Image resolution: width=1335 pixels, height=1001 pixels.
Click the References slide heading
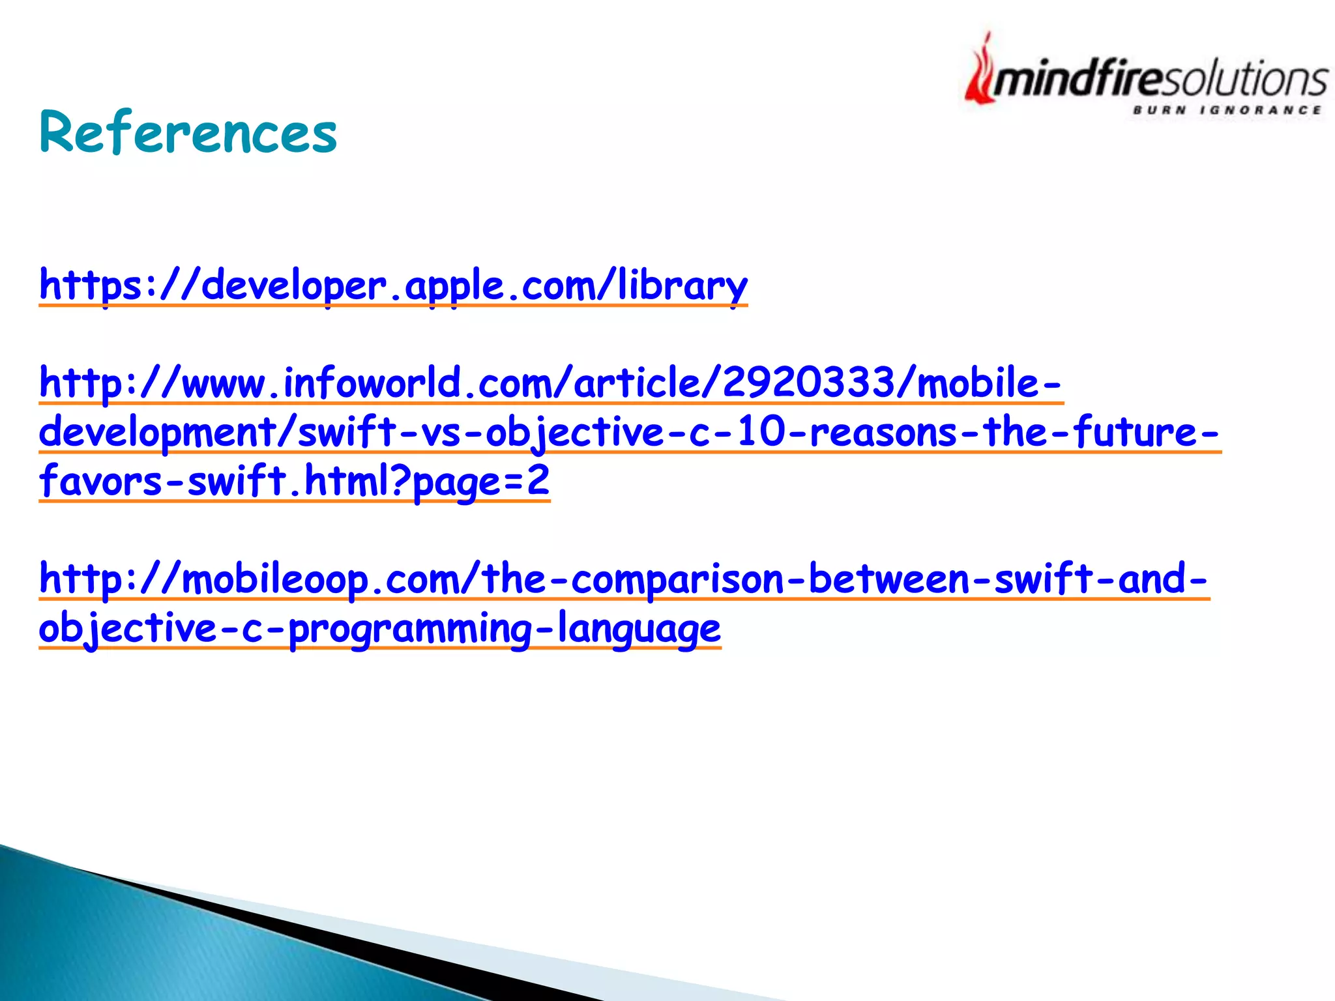pos(188,133)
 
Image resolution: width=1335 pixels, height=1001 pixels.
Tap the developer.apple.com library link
pos(393,285)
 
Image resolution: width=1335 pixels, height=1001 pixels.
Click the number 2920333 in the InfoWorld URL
pos(808,383)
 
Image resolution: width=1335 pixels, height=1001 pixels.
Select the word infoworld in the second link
pos(372,383)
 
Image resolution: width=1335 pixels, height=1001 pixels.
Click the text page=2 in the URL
pos(482,482)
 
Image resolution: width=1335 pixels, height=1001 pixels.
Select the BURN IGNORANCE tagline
pos(1227,110)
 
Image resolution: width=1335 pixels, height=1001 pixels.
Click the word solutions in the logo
pos(1245,80)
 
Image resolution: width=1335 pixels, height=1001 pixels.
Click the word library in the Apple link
pos(682,285)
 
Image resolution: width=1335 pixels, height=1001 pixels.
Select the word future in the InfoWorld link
pos(1133,432)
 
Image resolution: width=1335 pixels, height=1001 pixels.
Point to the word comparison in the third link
pos(677,579)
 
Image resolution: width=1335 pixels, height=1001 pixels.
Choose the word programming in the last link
pos(409,628)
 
